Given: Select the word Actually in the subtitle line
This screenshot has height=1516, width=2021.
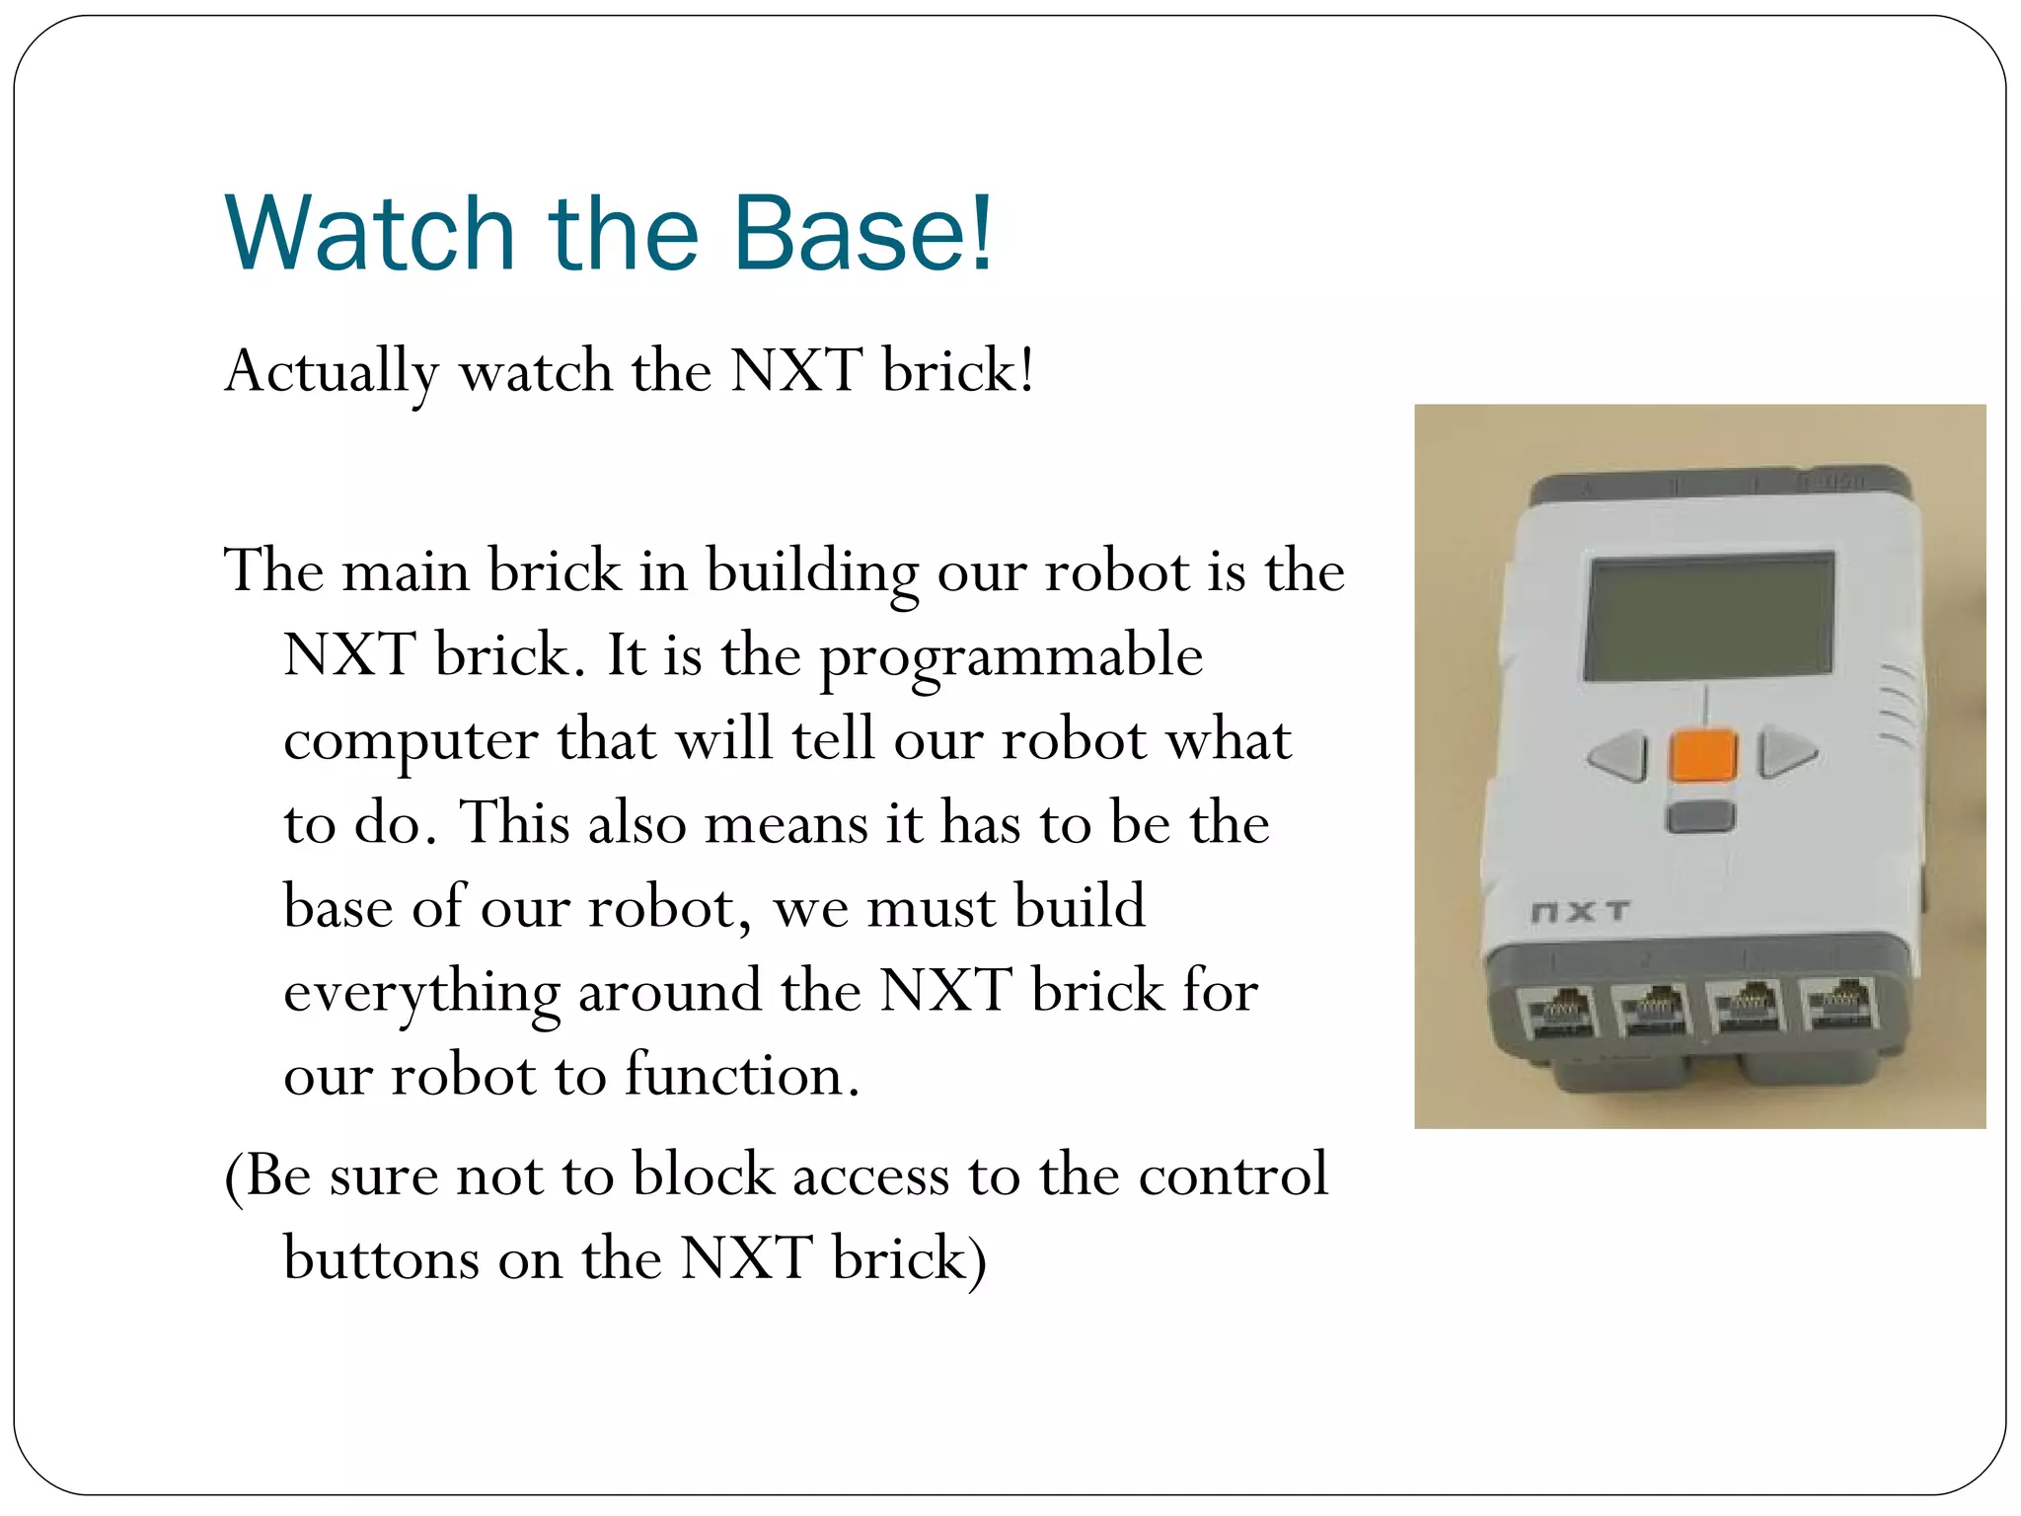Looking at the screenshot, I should coord(332,373).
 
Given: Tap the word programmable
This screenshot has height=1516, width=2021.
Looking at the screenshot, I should coord(1011,656).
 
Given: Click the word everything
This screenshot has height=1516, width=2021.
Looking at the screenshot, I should coord(421,992).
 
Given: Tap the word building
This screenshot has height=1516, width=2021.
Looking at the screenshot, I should coord(811,572).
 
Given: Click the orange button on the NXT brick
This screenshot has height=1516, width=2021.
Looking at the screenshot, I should coord(1703,756).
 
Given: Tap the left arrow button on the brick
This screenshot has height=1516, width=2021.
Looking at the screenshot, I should coord(1619,757).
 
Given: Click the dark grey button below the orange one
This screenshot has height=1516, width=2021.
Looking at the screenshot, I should coord(1700,817).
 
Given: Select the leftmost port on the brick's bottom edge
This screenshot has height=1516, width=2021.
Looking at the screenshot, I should coord(1561,1011).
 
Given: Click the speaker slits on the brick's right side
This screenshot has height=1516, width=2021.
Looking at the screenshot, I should coord(1898,703).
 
